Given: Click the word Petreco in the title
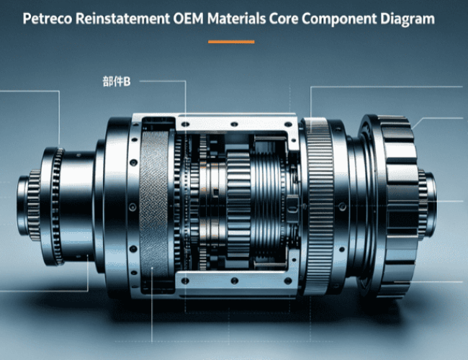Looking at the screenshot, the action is (47, 19).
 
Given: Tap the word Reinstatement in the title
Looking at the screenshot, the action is (122, 19).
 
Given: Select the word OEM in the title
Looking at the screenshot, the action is (188, 19).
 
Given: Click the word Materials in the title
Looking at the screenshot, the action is (236, 19).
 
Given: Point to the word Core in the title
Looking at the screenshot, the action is (283, 19).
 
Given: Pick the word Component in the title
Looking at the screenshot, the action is (339, 19).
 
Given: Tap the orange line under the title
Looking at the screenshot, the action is (231, 42).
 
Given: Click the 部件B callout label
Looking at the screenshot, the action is (117, 81).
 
